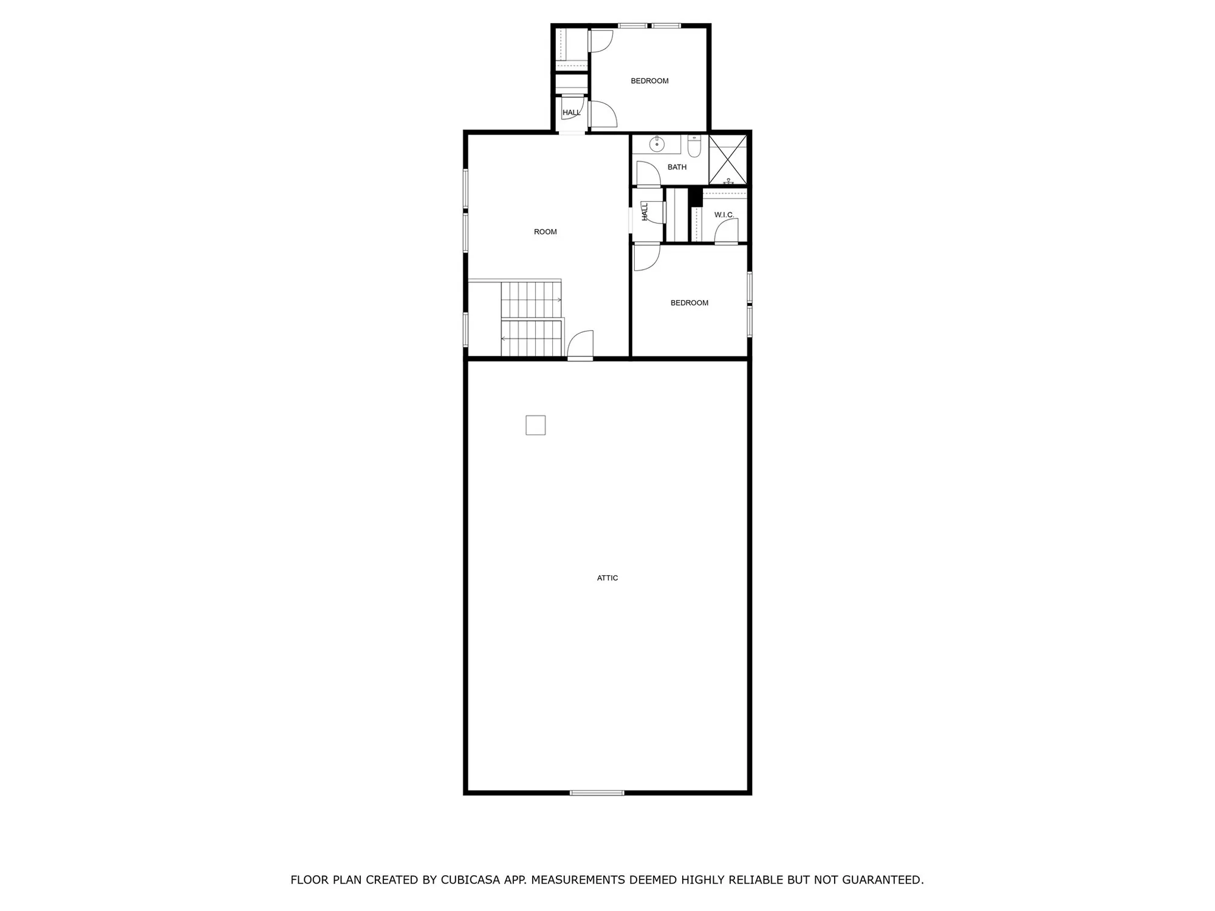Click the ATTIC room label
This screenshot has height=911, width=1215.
pos(607,578)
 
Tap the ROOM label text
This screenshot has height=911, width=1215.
pos(545,232)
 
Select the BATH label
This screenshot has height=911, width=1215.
pos(677,167)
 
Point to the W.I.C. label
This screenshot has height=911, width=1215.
pos(724,215)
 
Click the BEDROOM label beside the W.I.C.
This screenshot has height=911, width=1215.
pos(689,303)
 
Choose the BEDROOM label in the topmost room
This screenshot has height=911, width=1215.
pos(649,81)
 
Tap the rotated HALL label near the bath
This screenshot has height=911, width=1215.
pos(645,211)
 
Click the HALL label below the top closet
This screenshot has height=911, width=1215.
pos(571,113)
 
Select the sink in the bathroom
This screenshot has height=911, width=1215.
pos(656,145)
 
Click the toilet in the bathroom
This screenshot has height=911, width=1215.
pos(694,146)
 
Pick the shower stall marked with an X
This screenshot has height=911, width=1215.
pos(728,159)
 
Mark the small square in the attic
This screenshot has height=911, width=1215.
pos(535,425)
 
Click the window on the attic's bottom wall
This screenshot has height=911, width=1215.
pos(597,793)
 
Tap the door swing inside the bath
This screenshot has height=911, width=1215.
pos(648,174)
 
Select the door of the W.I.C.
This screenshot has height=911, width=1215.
pos(726,231)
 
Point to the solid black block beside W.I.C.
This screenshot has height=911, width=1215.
pos(696,198)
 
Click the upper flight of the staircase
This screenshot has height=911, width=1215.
pos(530,299)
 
